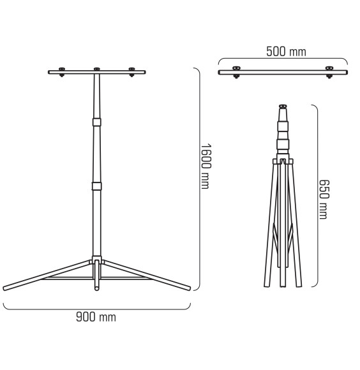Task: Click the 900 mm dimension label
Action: pyautogui.click(x=96, y=317)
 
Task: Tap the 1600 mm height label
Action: pyautogui.click(x=206, y=166)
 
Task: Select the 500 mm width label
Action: pyautogui.click(x=286, y=52)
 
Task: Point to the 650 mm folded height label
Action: pyautogui.click(x=324, y=200)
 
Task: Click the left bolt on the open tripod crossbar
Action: pyautogui.click(x=62, y=72)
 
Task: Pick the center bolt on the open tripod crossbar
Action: pyautogui.click(x=97, y=69)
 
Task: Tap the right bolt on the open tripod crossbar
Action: pyautogui.click(x=131, y=72)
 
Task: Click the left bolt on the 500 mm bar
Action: pyautogui.click(x=236, y=71)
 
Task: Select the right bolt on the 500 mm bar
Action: pyautogui.click(x=329, y=71)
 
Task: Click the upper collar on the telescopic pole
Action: pyautogui.click(x=97, y=122)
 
